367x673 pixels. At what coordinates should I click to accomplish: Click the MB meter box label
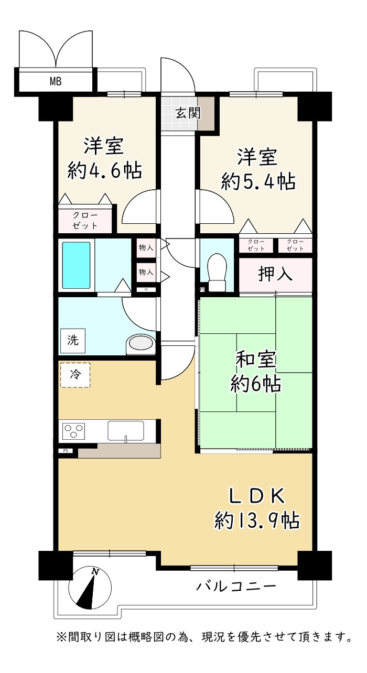pyautogui.click(x=56, y=81)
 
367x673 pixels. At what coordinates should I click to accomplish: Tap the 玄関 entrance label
pyautogui.click(x=188, y=113)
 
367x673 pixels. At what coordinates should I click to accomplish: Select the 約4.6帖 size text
pyautogui.click(x=104, y=171)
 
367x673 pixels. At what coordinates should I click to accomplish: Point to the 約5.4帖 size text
pyautogui.click(x=258, y=182)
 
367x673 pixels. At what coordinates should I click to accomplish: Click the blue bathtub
pyautogui.click(x=77, y=265)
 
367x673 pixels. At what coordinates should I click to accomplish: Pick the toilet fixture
pyautogui.click(x=217, y=272)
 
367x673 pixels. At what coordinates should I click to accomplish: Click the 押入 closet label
pyautogui.click(x=275, y=274)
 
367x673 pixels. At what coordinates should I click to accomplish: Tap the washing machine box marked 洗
pyautogui.click(x=73, y=341)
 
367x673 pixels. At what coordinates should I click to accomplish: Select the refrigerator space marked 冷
pyautogui.click(x=75, y=375)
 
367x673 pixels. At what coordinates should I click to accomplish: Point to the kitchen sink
pyautogui.click(x=126, y=431)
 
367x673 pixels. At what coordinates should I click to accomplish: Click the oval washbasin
pyautogui.click(x=141, y=344)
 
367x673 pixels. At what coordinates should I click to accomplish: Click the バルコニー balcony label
pyautogui.click(x=236, y=586)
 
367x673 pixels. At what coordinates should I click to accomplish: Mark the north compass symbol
pyautogui.click(x=90, y=588)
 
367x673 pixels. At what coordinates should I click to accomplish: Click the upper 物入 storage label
pyautogui.click(x=146, y=247)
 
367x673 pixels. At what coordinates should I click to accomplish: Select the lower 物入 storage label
pyautogui.click(x=146, y=272)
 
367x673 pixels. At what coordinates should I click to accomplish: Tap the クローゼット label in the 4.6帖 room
pyautogui.click(x=85, y=220)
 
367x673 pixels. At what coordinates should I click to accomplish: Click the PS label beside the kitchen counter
pyautogui.click(x=66, y=451)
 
